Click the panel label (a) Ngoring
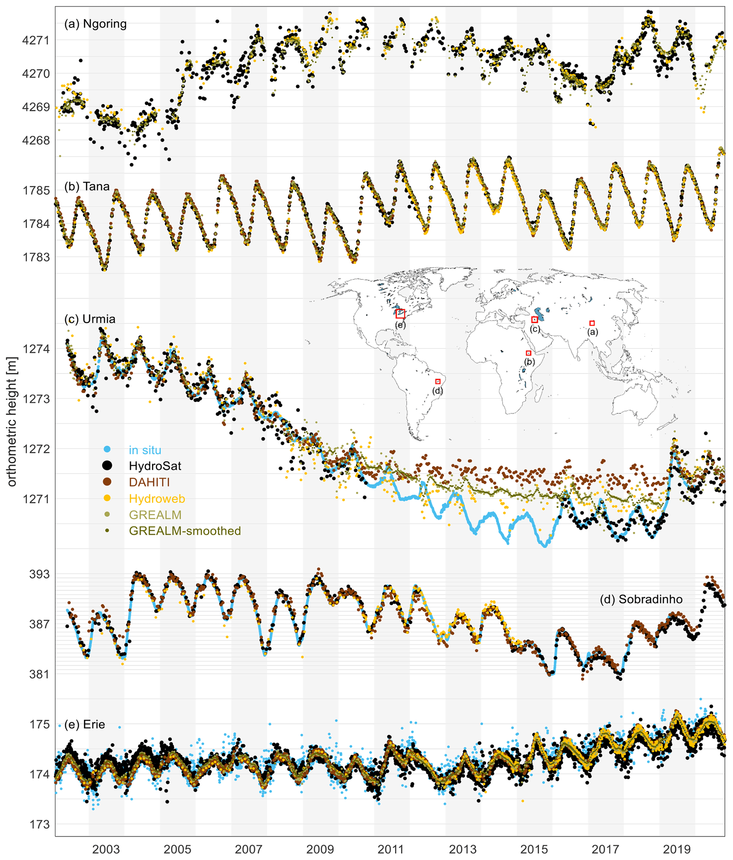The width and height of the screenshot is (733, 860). coord(95,24)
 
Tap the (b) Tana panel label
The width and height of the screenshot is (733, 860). coord(87,187)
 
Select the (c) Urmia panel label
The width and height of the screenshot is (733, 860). coord(90,319)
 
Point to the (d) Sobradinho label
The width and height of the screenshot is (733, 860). coord(641,599)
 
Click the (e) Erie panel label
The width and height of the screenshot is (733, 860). coord(84,724)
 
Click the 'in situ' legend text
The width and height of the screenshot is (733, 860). coord(145,450)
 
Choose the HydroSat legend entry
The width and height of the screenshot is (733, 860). coord(155,466)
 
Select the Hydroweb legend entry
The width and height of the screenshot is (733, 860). coord(157,498)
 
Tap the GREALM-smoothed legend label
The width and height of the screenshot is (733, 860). coord(185,531)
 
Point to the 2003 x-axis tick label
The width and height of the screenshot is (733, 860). coord(106,849)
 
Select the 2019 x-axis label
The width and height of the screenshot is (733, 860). coord(677,849)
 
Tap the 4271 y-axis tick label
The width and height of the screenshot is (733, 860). coord(36,40)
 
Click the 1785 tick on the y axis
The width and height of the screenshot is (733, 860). coord(36,190)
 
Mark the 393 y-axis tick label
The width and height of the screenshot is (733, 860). coord(39,574)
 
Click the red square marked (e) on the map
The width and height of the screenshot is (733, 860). coord(400,314)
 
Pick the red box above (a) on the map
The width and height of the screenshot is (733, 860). coord(592,323)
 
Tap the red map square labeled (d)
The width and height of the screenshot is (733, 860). coord(438,381)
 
